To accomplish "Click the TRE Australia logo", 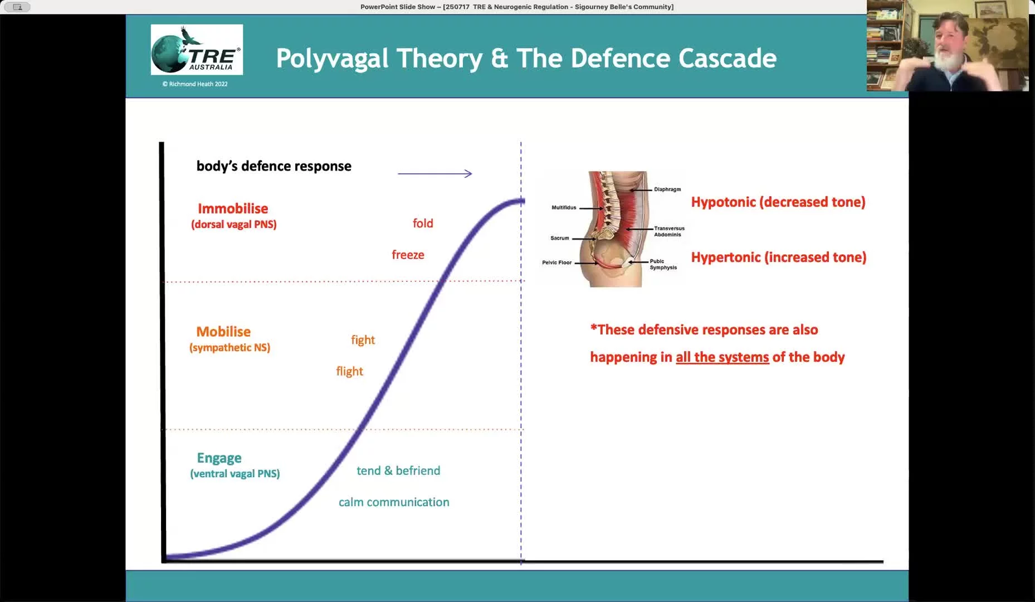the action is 197,50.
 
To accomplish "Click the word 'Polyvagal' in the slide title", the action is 379,59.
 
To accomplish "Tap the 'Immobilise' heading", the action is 233,208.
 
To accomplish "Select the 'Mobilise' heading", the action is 223,332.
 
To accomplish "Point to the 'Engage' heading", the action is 219,458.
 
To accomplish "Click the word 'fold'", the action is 423,223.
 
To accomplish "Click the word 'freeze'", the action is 408,255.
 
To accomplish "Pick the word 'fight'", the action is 363,340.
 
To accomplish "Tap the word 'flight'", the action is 349,371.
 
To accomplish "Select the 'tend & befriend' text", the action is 398,470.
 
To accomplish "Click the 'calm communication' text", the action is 394,502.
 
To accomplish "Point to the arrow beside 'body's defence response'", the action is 435,173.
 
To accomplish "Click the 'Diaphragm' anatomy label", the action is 667,190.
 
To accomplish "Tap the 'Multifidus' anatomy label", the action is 564,207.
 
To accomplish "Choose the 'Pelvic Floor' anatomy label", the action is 557,263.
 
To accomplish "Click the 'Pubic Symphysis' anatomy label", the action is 663,264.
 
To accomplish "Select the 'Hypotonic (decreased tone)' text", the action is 778,202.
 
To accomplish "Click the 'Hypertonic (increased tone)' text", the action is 779,257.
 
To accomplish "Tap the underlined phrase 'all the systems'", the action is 722,357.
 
